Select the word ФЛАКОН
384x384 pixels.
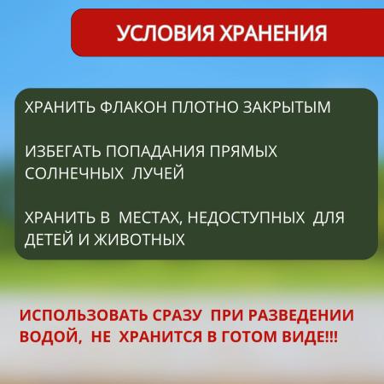pyautogui.click(x=125, y=109)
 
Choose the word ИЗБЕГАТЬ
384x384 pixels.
pyautogui.click(x=62, y=152)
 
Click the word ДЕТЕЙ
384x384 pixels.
pyautogui.click(x=49, y=240)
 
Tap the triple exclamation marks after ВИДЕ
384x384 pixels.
pyautogui.click(x=328, y=338)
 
